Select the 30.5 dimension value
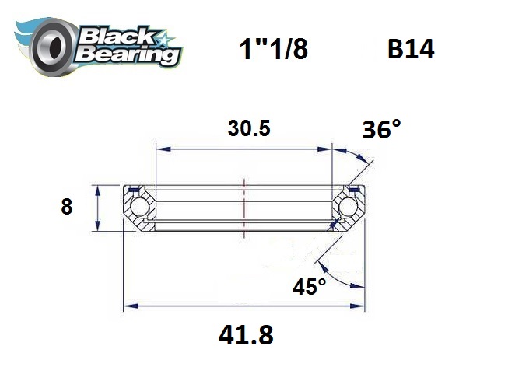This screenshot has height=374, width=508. [248, 128]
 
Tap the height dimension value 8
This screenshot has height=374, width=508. [66, 208]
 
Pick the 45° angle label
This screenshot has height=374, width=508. [310, 287]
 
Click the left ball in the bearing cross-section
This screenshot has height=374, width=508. [140, 208]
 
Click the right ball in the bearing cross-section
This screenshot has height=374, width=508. [349, 208]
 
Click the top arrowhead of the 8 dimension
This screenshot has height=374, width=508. [96, 190]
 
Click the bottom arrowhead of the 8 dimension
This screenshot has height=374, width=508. [96, 226]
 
